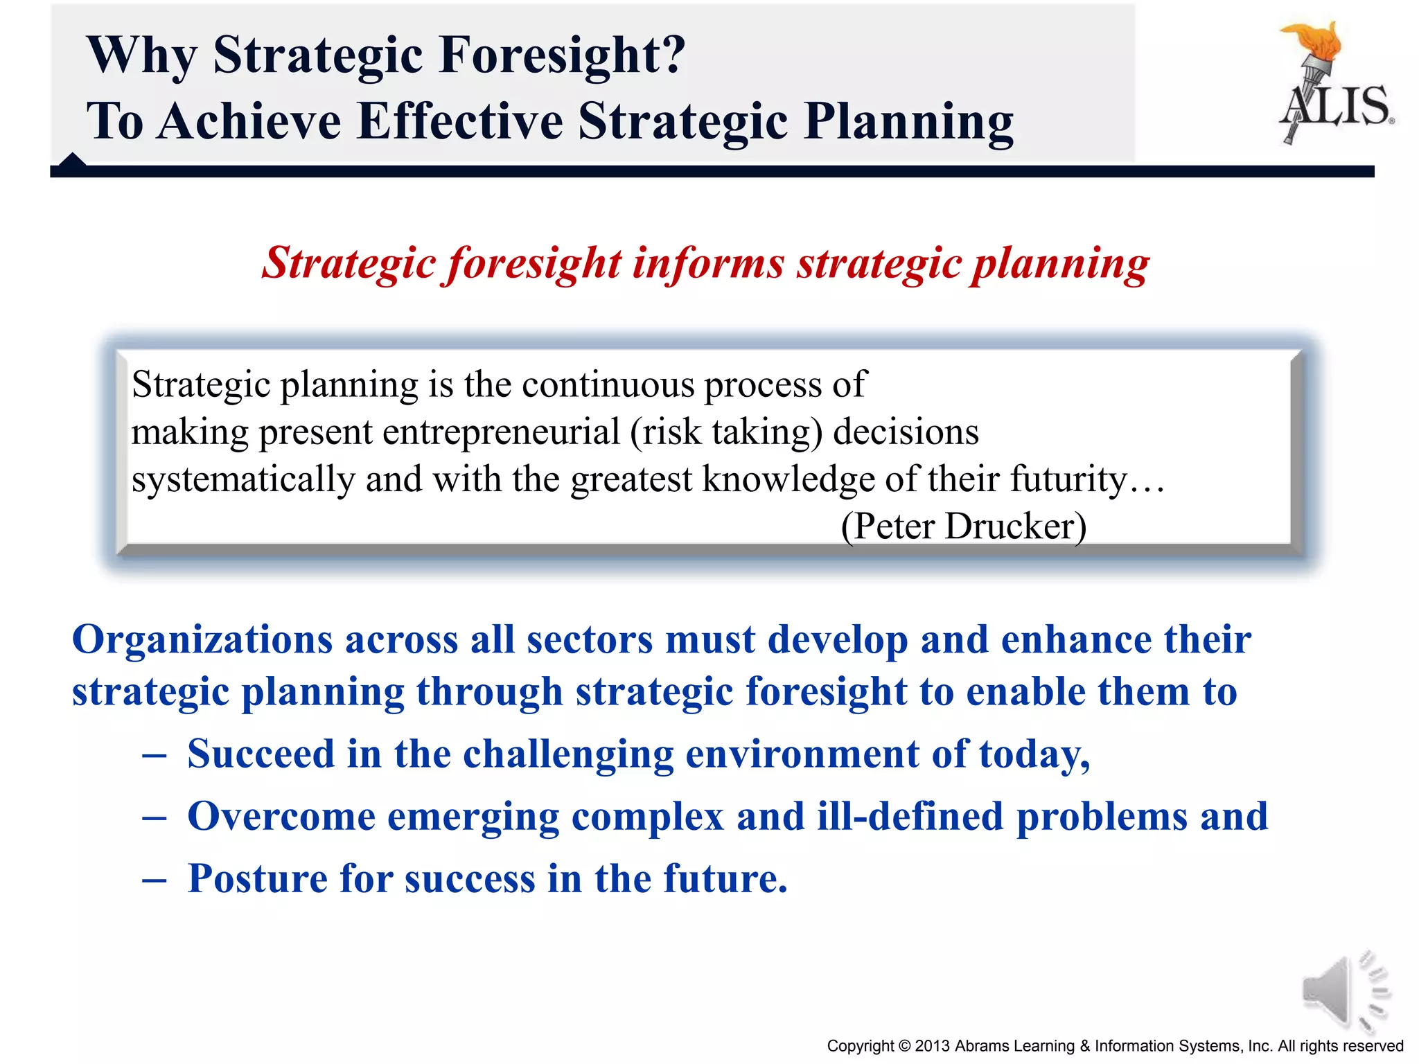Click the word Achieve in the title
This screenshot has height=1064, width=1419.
[249, 121]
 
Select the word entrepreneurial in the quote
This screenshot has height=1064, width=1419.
[500, 432]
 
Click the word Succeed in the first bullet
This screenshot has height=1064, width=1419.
[261, 754]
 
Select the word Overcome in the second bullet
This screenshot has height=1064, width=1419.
[281, 816]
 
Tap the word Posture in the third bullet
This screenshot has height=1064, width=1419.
[257, 878]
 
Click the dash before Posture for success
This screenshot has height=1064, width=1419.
[154, 880]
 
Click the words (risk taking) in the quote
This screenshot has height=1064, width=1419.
[726, 432]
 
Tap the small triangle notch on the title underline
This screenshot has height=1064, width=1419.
[72, 161]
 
